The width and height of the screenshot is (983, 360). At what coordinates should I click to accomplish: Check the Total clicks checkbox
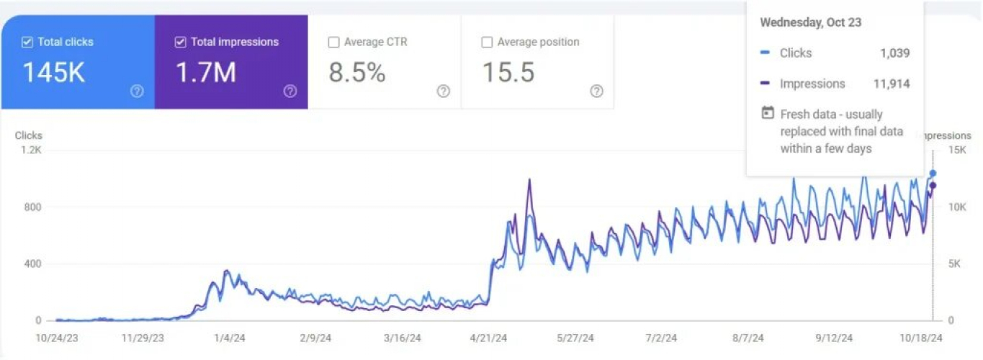pos(27,42)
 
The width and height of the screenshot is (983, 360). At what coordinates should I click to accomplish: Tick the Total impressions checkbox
pos(180,42)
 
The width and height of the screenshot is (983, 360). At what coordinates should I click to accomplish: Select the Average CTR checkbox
pos(333,42)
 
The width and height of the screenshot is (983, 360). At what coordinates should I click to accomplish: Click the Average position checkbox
pos(487,42)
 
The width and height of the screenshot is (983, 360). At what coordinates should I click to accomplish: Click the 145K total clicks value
pos(54,73)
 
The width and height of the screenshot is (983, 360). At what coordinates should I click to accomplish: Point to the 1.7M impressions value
pos(206,73)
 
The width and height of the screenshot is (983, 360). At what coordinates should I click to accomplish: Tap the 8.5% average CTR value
pos(357,73)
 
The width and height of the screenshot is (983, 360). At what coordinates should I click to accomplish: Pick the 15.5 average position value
pos(508,73)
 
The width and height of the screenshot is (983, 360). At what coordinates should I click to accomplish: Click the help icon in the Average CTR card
pos(444,91)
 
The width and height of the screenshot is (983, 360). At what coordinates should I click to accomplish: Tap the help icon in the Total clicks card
pos(137,91)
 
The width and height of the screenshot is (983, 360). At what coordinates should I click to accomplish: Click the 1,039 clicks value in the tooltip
pos(894,53)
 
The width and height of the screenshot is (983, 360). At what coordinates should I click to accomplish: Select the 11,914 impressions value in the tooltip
pos(892,84)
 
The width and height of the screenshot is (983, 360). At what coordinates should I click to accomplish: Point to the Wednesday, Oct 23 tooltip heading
pos(810,22)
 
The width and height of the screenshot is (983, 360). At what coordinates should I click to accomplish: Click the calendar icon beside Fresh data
pos(768,114)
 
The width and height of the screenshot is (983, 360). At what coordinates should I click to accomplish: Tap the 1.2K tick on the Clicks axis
pos(32,150)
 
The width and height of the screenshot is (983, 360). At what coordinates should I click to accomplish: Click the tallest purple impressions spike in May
pos(529,180)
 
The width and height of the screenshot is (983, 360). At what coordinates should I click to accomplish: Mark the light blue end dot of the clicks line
pos(933,174)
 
